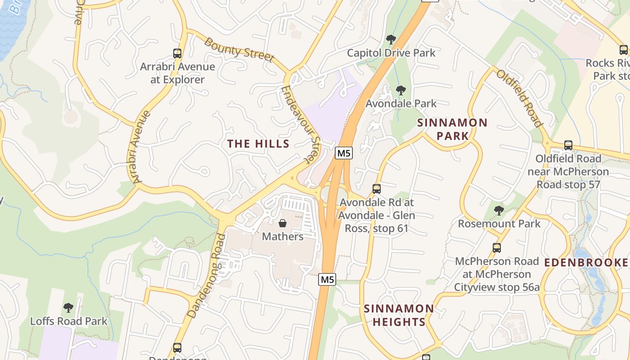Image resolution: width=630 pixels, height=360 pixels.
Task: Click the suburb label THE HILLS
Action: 258,144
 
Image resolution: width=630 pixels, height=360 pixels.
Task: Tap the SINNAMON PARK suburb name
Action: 452,129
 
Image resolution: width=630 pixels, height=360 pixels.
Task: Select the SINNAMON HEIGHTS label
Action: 399,315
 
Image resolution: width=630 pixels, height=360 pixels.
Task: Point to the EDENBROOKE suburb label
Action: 586,263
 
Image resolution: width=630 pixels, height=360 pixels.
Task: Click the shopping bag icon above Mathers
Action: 283,223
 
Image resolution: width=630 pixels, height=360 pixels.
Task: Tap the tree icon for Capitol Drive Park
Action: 391,40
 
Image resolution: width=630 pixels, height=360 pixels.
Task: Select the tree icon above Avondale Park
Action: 400,90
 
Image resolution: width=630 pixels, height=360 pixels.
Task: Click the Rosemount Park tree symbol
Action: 499,210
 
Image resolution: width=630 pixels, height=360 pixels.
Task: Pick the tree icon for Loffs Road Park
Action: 68,308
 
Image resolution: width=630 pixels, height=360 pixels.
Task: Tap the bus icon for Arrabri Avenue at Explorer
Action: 177,54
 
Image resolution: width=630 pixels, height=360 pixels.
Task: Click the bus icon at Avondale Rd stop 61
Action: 377,189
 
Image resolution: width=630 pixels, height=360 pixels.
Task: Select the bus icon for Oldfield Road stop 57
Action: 568,145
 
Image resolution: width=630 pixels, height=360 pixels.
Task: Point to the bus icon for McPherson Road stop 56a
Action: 496,247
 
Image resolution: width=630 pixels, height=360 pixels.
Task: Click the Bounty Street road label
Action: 239,50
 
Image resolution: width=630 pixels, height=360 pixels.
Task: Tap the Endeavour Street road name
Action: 300,125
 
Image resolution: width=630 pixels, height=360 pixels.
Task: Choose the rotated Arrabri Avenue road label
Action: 141,147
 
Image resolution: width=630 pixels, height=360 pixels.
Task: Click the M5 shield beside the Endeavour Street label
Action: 344,153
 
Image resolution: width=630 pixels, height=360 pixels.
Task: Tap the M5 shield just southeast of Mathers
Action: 327,279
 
